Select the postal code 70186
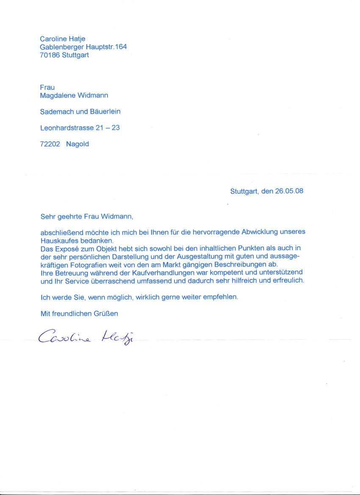[49, 55]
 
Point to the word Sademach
[57, 111]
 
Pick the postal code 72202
[50, 144]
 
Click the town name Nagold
[78, 144]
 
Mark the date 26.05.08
[289, 191]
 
